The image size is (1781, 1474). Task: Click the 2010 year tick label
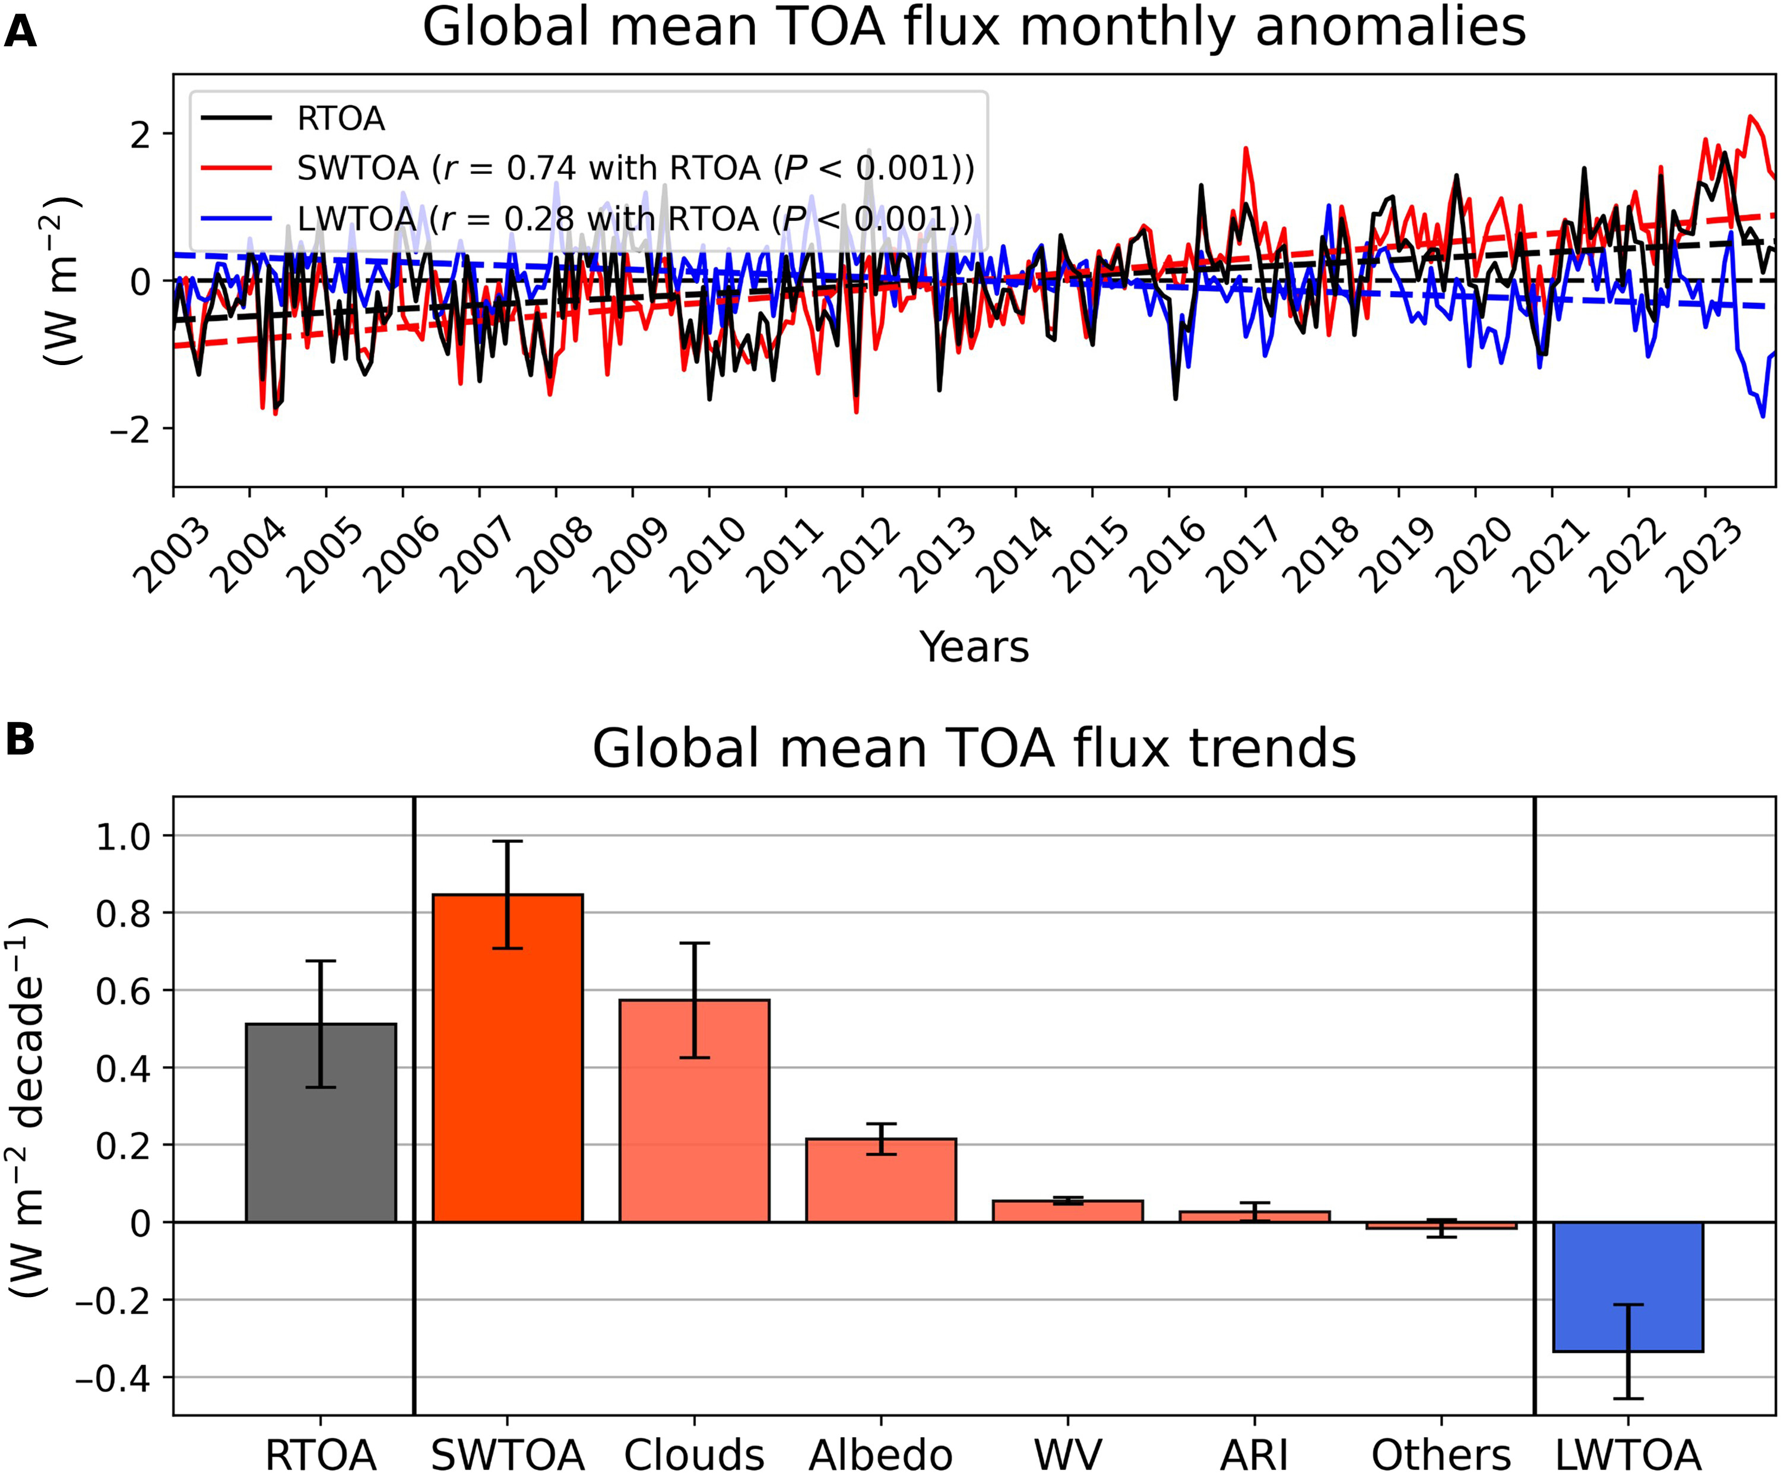tap(707, 556)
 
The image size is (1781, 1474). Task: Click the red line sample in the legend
tap(237, 169)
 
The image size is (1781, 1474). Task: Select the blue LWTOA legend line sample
tap(237, 219)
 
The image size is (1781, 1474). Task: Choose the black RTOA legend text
tap(341, 119)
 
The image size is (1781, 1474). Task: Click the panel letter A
tap(20, 32)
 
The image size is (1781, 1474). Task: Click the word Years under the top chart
tap(974, 646)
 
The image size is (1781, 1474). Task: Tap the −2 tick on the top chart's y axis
tap(129, 429)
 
